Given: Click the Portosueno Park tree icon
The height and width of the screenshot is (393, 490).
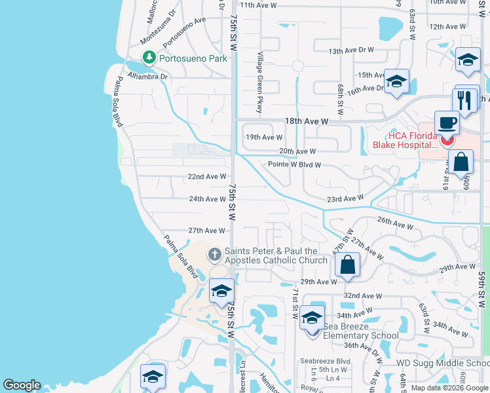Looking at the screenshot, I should click(x=149, y=58).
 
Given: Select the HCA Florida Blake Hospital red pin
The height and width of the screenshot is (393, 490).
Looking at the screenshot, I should click(x=448, y=139).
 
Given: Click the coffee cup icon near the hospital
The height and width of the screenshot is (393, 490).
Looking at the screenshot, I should click(x=447, y=123).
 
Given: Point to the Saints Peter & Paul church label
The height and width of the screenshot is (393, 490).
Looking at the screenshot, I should click(x=275, y=255).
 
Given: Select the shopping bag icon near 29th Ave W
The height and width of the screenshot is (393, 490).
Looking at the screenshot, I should click(x=348, y=265).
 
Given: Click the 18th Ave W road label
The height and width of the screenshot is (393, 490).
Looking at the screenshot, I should click(x=306, y=122).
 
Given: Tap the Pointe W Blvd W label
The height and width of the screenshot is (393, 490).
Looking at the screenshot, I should click(x=295, y=164).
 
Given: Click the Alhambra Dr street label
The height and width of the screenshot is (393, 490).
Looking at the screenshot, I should click(x=149, y=76).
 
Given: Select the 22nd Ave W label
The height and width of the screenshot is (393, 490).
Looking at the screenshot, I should click(x=206, y=177).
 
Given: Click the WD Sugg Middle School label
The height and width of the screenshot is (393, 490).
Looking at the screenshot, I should click(x=443, y=363).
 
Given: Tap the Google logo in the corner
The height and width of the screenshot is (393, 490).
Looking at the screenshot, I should click(x=21, y=385).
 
